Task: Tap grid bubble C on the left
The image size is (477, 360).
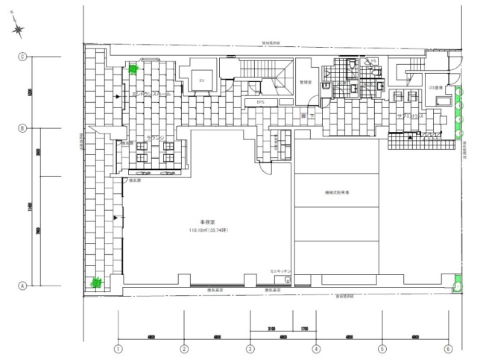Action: click(22, 57)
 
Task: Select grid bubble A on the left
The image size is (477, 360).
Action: click(22, 285)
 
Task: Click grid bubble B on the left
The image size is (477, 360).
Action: click(22, 128)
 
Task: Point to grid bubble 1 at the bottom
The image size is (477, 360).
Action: click(118, 347)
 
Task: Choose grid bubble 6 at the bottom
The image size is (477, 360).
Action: click(448, 347)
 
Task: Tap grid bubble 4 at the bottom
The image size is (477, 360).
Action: click(316, 347)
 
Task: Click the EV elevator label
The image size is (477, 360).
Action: click(200, 80)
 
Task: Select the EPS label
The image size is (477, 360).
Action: click(261, 102)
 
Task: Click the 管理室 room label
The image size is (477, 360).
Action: click(305, 82)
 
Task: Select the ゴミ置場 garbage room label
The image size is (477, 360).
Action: click(416, 87)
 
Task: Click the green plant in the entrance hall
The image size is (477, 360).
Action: click(133, 69)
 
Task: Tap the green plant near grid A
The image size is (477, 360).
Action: click(95, 282)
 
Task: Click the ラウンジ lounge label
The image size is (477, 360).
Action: click(155, 138)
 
